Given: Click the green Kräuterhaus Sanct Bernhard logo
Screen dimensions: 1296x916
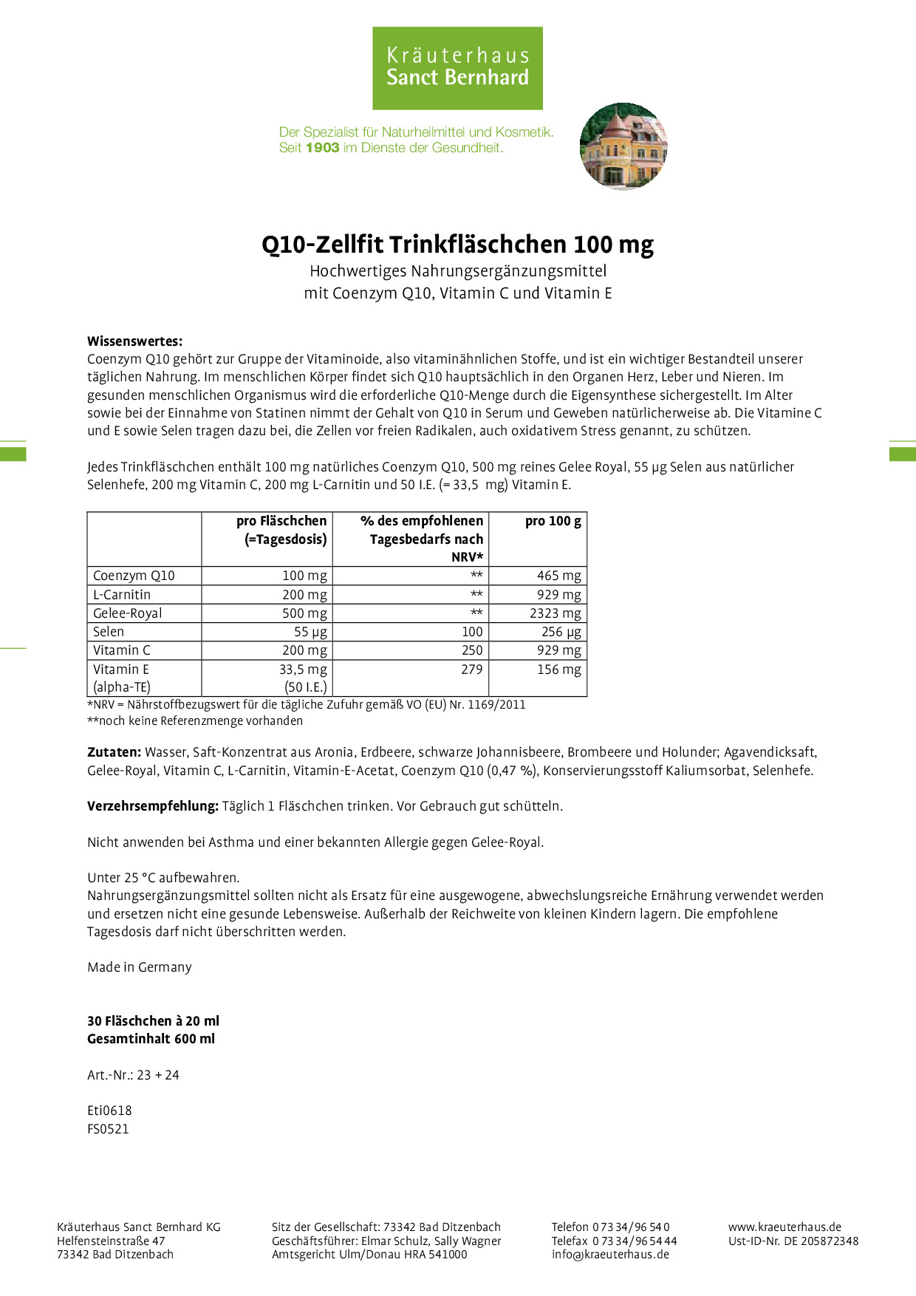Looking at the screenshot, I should point(457,68).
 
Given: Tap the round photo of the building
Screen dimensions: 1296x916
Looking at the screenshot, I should point(623,146).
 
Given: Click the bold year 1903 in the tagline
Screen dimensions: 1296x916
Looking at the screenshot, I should point(322,148).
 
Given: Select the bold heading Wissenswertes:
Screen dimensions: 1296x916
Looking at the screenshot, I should point(134,341).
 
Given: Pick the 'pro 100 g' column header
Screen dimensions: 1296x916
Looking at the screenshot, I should point(553,522).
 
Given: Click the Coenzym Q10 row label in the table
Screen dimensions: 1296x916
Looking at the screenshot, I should point(134,576).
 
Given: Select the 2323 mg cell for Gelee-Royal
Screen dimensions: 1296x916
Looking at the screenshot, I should point(555,613).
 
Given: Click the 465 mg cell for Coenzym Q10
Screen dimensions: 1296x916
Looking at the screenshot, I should point(558,576).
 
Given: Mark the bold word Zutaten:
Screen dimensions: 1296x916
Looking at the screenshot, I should point(114,752).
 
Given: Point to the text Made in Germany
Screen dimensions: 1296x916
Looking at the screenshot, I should point(140,967).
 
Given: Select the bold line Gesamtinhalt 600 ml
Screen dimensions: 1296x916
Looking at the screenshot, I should point(151,1039).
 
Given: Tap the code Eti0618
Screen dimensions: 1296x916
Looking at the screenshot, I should point(109,1111).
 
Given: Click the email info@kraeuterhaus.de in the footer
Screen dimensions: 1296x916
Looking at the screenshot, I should point(610,1254).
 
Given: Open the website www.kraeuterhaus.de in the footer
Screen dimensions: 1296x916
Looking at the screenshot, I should point(785,1227).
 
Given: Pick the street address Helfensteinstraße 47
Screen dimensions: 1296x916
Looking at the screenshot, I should point(111,1241).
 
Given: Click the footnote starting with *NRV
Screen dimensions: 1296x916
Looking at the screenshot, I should point(307,705).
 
